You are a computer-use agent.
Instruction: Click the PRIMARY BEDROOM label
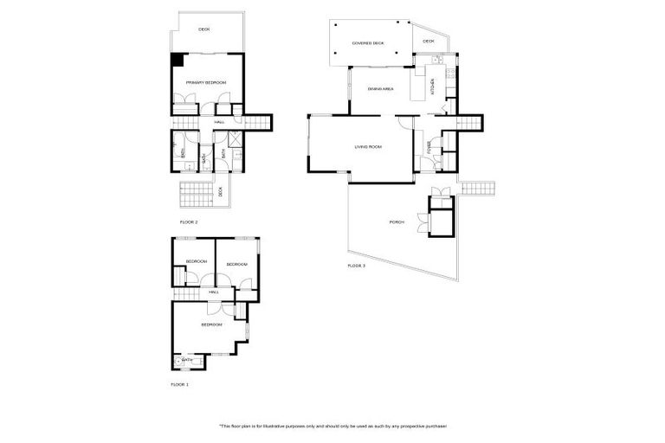[x=206, y=82]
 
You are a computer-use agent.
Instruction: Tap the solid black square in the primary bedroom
[x=176, y=59]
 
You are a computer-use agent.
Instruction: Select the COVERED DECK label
[x=367, y=42]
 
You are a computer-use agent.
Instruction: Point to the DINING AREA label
[x=381, y=89]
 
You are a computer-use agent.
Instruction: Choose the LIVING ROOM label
[x=368, y=147]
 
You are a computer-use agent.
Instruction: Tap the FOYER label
[x=429, y=148]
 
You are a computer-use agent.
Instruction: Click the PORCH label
[x=397, y=222]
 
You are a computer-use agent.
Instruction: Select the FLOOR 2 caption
[x=189, y=222]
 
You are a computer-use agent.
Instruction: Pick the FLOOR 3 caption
[x=356, y=266]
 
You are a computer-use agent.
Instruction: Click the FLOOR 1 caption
[x=179, y=382]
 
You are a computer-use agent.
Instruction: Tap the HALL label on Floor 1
[x=212, y=292]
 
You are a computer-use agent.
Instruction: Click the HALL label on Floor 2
[x=220, y=122]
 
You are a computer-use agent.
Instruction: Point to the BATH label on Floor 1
[x=187, y=360]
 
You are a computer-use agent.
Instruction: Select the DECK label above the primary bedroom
[x=204, y=29]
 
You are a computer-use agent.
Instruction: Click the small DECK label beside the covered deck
[x=429, y=42]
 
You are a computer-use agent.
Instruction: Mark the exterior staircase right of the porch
[x=476, y=188]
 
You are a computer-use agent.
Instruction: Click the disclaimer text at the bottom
[x=332, y=426]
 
